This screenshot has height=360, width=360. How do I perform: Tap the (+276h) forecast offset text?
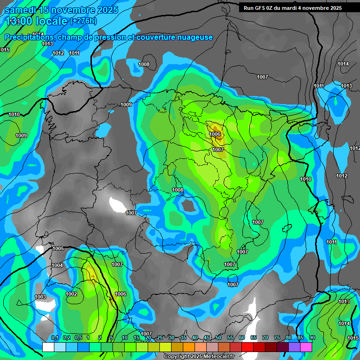83,21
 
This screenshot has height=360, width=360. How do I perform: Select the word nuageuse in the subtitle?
195,37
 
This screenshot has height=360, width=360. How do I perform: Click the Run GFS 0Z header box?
292,8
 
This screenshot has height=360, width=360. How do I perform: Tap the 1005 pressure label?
58,249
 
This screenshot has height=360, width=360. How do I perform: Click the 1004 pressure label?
57,265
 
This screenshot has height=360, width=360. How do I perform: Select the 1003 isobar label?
40,297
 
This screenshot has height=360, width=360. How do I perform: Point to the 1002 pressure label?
71,294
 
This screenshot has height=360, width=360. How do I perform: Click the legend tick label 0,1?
55,338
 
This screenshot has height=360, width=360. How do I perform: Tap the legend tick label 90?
312,338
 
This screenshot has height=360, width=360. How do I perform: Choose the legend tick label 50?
218,338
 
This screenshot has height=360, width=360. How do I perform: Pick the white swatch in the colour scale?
48,347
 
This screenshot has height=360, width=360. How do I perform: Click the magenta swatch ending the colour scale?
306,347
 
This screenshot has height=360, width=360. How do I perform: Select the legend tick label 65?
254,338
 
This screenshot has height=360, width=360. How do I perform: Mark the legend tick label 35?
183,338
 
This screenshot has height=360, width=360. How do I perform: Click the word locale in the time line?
51,21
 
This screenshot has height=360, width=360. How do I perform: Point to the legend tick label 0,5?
78,338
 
